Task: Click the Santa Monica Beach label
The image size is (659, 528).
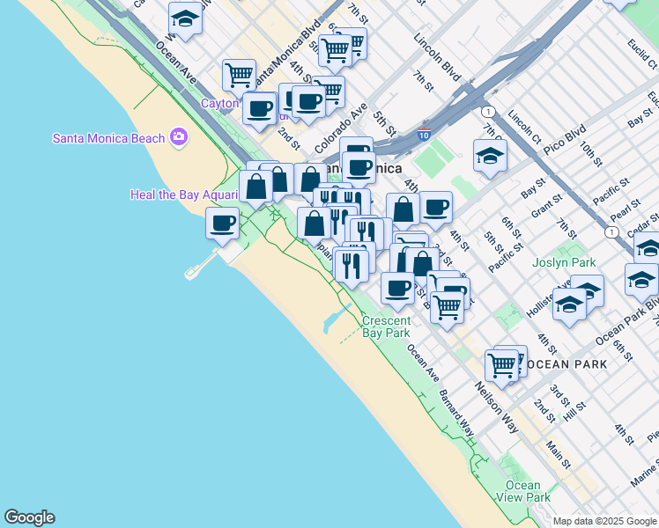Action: tap(108, 138)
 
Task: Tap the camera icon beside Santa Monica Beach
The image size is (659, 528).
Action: tap(179, 137)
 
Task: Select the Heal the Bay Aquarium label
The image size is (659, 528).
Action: tap(184, 194)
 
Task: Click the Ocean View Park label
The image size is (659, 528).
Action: tap(523, 491)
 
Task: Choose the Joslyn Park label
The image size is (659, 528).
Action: tap(564, 262)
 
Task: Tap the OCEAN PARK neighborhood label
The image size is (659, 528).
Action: tap(560, 363)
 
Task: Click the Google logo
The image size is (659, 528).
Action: tap(29, 517)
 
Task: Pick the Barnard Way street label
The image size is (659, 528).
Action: tap(455, 414)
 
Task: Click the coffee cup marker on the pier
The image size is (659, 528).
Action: tap(222, 224)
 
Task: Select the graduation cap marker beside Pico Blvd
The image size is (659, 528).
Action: tap(490, 157)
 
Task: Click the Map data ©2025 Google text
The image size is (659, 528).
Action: tap(604, 521)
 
